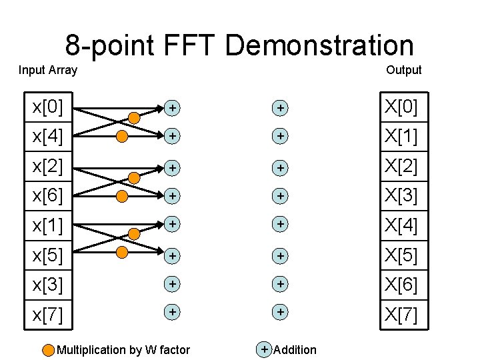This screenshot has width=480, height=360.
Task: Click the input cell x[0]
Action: (x=48, y=107)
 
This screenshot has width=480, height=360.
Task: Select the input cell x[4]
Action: (x=48, y=137)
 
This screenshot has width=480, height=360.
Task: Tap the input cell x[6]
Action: (x=48, y=196)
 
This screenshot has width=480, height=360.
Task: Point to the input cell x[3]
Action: (x=48, y=285)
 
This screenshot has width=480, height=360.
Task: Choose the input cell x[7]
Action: (x=48, y=314)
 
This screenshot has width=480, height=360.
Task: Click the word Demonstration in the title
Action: (x=319, y=45)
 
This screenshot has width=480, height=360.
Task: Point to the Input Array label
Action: (x=48, y=70)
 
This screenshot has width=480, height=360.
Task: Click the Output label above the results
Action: (x=403, y=70)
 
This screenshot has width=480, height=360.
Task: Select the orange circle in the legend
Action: (x=49, y=350)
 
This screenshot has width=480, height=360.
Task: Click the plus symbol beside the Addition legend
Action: (x=265, y=349)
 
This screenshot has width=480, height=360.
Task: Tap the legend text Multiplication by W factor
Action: (x=123, y=350)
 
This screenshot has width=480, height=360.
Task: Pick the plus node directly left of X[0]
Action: (x=281, y=107)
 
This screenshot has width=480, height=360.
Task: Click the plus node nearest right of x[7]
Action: (x=172, y=312)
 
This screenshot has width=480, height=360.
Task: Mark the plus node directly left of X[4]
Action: (x=281, y=225)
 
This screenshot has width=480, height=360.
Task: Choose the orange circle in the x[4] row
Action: (x=122, y=137)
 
